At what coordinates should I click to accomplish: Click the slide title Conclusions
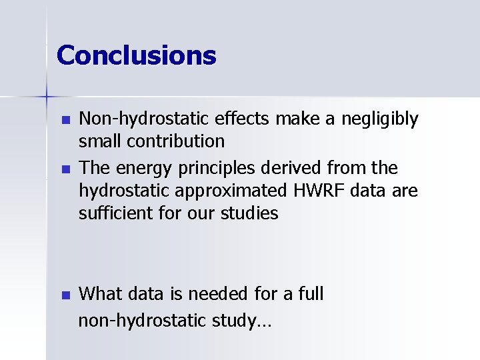137,55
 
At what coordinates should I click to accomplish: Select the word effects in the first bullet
243,119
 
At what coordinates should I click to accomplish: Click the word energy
141,169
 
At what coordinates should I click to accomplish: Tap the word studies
251,213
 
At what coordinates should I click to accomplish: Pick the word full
309,293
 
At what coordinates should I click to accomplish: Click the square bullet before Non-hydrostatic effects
65,121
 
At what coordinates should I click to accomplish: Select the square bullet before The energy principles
65,170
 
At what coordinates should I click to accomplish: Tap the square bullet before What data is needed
65,295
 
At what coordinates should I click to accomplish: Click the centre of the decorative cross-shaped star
47,97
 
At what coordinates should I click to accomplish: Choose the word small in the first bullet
101,141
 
